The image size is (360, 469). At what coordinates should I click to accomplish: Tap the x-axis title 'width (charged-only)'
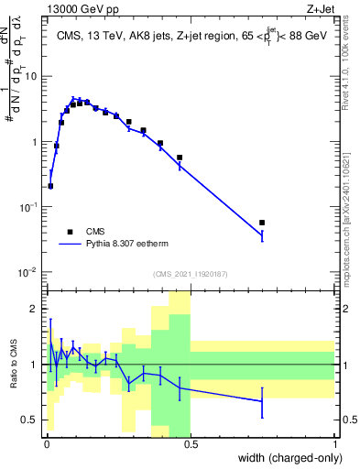289,459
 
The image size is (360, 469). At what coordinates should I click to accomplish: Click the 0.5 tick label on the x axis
191,444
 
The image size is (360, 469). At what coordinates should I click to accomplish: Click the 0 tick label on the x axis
47,444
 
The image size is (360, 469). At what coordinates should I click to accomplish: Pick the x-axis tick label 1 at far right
335,444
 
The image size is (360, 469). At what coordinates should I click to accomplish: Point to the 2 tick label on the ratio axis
36,309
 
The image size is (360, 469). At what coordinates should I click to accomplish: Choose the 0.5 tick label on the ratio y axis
32,420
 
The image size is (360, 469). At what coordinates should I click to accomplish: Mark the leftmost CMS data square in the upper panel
50,186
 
